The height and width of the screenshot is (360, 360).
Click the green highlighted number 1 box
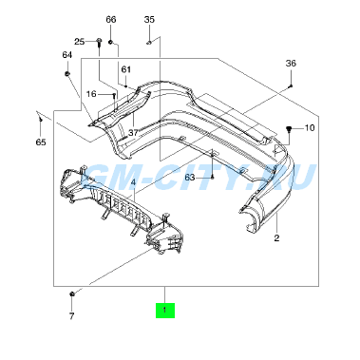165,310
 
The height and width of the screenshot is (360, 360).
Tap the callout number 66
111,20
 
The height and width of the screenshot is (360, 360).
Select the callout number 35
149,20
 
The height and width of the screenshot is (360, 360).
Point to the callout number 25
80,42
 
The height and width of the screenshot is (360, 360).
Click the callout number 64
67,55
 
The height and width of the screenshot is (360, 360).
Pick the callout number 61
126,69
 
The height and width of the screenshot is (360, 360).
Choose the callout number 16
91,94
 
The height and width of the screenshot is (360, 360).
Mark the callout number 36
291,64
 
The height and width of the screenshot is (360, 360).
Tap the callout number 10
310,128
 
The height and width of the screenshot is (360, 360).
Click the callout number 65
41,142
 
